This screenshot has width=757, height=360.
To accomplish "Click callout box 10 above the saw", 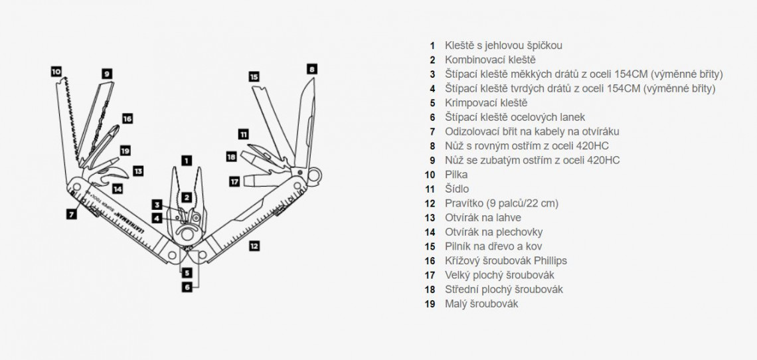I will [56, 70].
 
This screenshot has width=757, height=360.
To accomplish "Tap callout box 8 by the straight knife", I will [311, 68].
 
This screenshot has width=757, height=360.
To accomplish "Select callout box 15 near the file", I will [254, 76].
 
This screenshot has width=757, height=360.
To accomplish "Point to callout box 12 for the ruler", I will [254, 246].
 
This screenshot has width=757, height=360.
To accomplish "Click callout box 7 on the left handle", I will [71, 214].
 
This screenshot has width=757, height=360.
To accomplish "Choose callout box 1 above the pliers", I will [187, 160].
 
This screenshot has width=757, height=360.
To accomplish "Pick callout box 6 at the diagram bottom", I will [187, 287].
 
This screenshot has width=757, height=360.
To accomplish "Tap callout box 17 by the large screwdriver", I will [234, 180].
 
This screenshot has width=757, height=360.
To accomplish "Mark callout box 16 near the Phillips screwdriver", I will [127, 118].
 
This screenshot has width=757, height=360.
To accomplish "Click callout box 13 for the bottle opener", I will [137, 171].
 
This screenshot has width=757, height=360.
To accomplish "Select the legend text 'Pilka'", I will [456, 175].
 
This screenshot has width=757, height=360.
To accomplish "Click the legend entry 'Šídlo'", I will [457, 189].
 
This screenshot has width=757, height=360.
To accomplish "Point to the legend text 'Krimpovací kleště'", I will [485, 103].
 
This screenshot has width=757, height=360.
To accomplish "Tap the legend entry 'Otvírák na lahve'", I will [483, 217].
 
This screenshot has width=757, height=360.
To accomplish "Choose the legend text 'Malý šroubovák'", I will [481, 304].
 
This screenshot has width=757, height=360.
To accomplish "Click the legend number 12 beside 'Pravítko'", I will [432, 203].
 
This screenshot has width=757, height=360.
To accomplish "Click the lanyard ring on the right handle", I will [317, 175].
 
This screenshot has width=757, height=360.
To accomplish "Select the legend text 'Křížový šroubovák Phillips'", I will [506, 260].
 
